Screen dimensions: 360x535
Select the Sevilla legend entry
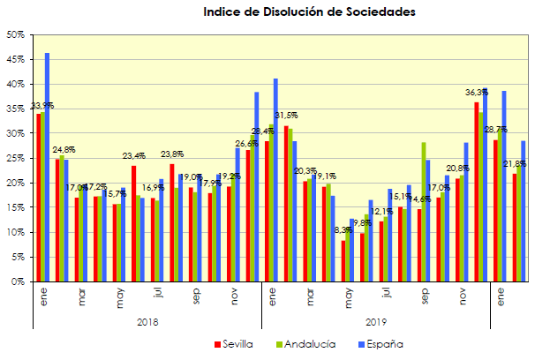[x=237, y=342]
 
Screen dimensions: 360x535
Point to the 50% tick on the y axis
[x=15, y=35]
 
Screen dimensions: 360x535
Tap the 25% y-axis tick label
[x=15, y=159]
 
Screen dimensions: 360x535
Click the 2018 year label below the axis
[x=148, y=323]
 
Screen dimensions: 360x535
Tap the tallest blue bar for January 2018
[x=47, y=168]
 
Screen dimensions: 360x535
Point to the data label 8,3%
[x=344, y=230]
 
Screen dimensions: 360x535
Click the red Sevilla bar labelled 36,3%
[x=477, y=191]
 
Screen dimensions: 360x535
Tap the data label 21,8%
[x=516, y=163]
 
